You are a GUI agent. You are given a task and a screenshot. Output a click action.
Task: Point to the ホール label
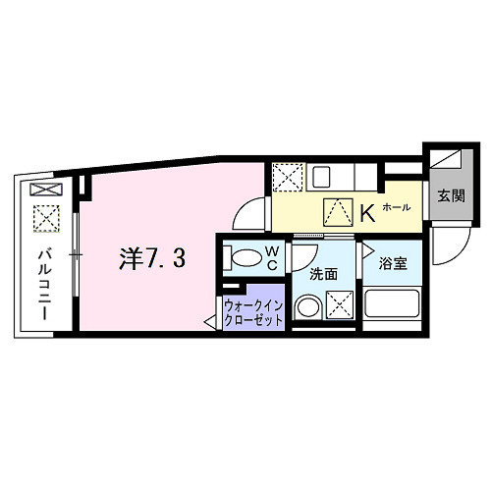point(396,208)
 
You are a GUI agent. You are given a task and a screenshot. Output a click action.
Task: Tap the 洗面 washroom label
point(324,274)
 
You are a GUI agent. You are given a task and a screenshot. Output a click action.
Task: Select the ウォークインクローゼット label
point(253,311)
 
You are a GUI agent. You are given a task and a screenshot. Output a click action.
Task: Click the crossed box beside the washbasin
point(342,305)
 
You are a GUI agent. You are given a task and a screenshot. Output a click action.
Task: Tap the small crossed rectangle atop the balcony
point(45,189)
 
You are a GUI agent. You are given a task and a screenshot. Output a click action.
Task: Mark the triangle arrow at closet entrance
point(211,320)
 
